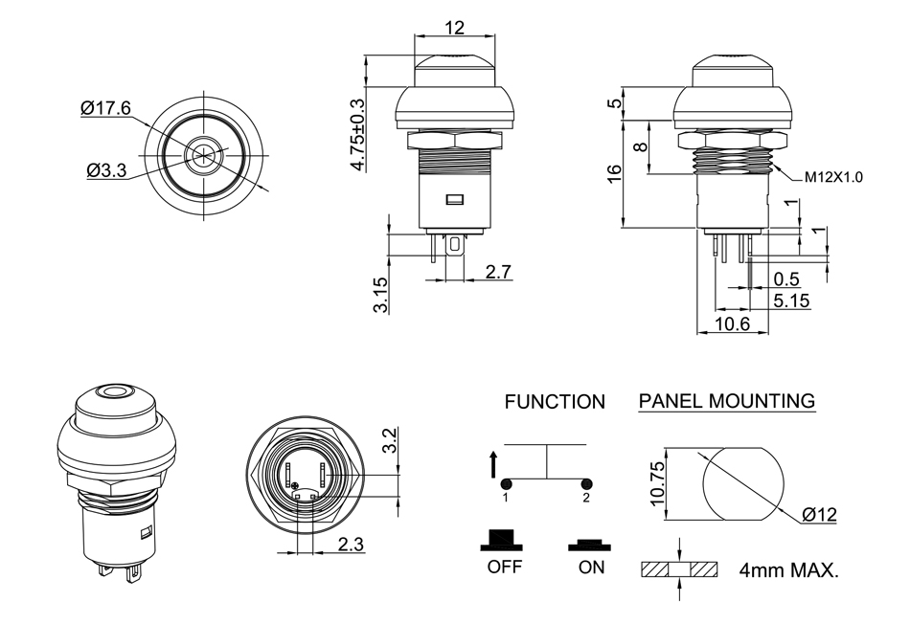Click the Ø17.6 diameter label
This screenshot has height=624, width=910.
pos(105,109)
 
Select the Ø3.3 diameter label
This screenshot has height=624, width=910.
pos(106,170)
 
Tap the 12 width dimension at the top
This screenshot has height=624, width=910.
pos(455,28)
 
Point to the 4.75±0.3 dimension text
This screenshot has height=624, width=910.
pos(358,135)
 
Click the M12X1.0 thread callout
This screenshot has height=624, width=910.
pos(832,177)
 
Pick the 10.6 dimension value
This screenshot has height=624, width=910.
pos(732,324)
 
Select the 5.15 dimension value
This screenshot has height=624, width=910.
pos(791,300)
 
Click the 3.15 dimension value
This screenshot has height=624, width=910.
pos(380,295)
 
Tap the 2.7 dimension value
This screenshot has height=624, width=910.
pos(498,273)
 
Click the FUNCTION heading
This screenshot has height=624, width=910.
pos(555,403)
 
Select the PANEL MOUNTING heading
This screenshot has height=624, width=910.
pos(727,401)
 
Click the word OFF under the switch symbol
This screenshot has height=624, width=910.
pos(504,567)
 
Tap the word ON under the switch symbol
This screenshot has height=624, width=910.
pos(592,567)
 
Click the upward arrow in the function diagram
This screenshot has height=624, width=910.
pos(493,465)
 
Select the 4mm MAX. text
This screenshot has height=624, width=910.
pos(788,571)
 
